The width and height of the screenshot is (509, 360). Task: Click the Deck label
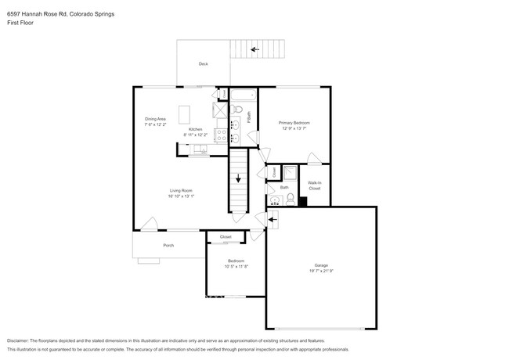[203, 64]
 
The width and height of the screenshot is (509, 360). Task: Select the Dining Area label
[154, 119]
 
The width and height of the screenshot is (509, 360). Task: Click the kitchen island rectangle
[185, 114]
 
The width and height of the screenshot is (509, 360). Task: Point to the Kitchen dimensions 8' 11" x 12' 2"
[195, 135]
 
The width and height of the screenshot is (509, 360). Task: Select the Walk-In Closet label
[314, 186]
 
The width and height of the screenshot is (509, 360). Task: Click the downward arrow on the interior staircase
[237, 176]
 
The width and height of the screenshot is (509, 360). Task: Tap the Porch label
[168, 246]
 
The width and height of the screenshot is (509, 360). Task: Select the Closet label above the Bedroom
[226, 236]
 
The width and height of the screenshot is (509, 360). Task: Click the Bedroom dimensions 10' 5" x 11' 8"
[236, 266]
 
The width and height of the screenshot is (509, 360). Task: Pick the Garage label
[321, 265]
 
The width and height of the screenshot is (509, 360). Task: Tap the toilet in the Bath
[289, 200]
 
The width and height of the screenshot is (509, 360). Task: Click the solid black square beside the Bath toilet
[303, 201]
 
